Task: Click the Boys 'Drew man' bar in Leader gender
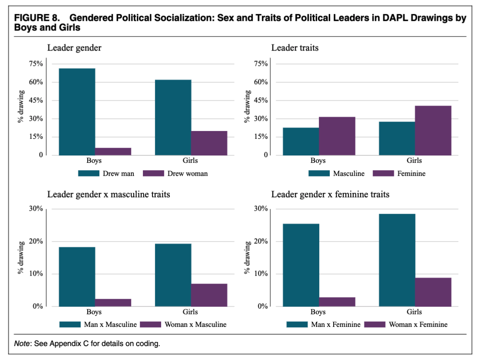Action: (x=77, y=112)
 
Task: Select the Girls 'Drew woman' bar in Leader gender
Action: (x=209, y=143)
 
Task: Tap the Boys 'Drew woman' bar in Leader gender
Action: (x=113, y=151)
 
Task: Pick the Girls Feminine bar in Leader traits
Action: (x=433, y=131)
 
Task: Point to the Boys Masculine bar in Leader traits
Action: (x=301, y=141)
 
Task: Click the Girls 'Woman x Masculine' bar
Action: (x=209, y=295)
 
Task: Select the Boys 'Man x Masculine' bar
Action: (x=77, y=277)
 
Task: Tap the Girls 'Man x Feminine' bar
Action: (x=397, y=260)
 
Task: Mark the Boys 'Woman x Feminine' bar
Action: (x=337, y=302)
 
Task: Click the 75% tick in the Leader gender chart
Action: (x=36, y=64)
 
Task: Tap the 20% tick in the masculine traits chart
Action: (x=36, y=242)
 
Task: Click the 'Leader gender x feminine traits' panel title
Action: (x=330, y=194)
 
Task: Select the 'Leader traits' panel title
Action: (x=294, y=47)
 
